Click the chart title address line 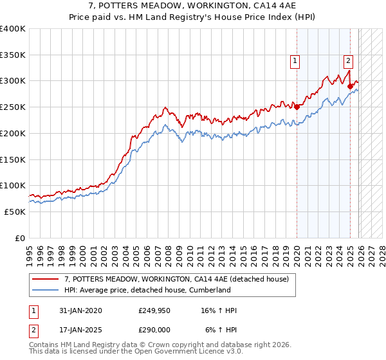click(192, 6)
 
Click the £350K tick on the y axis click(13, 55)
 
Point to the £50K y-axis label click(15, 212)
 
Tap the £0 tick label click(20, 238)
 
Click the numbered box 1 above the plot click(295, 61)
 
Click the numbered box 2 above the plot click(348, 61)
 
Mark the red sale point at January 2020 click(297, 107)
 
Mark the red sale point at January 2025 click(350, 86)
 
